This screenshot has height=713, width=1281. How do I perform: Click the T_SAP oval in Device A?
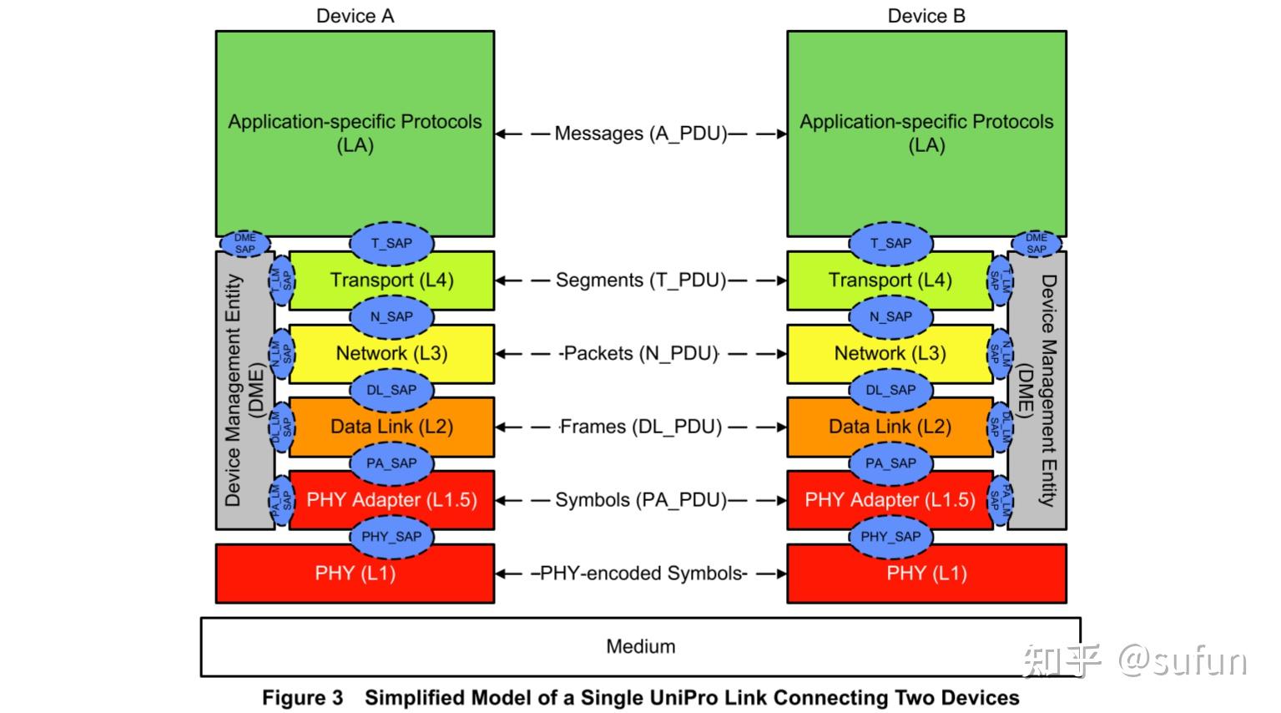391,244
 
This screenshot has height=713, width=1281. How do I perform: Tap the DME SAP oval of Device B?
1036,244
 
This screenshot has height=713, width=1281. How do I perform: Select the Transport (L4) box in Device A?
391,281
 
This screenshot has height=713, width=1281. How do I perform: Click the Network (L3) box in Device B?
890,353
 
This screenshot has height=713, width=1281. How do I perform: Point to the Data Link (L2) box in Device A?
391,427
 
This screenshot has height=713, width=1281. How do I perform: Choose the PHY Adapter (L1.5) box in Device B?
890,500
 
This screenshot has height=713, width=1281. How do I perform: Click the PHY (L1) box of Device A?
355,574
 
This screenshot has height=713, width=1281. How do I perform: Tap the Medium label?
640,646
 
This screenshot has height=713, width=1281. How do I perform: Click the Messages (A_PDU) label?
640,134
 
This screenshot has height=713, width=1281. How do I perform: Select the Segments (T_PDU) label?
640,281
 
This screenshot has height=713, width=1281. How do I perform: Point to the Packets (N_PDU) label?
640,353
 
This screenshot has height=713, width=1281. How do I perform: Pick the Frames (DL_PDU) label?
640,427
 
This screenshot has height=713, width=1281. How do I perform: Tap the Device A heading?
355,16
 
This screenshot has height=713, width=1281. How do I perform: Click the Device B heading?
926,16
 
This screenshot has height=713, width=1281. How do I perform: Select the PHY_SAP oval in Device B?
890,537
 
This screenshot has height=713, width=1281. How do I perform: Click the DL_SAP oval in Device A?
391,390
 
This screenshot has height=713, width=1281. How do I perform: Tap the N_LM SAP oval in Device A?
281,353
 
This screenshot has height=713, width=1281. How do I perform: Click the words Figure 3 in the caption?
302,698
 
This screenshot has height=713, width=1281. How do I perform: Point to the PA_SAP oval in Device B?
890,463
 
